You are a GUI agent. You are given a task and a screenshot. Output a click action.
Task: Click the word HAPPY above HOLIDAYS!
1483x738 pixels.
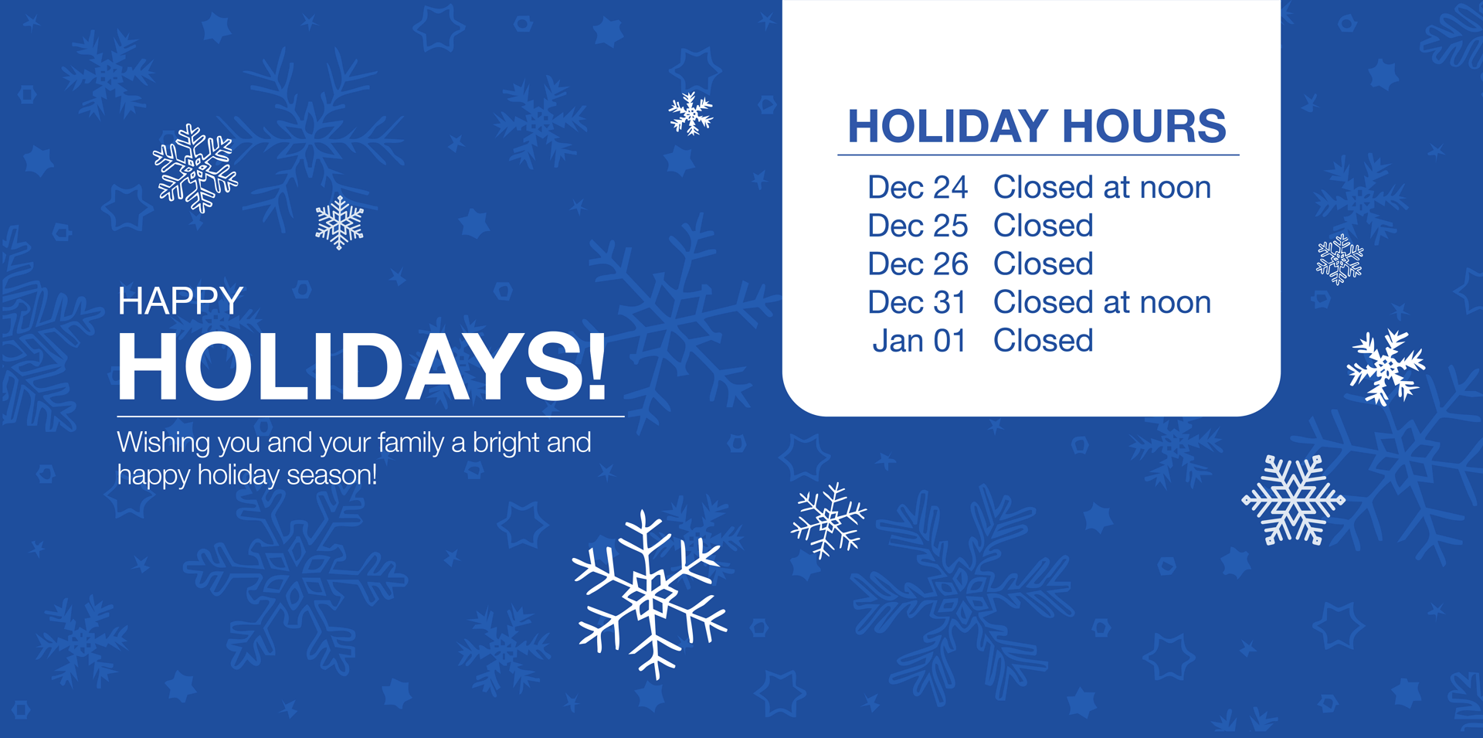180,301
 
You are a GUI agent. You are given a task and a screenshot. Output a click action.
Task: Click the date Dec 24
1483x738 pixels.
918,187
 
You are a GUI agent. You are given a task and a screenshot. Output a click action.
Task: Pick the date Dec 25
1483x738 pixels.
918,226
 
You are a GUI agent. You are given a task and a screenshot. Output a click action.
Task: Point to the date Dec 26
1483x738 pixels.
918,264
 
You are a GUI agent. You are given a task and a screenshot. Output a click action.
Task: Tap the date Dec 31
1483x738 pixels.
917,302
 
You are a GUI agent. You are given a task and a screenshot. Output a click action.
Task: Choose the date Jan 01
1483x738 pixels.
919,341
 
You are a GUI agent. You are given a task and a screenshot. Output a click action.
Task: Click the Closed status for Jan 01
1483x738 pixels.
1044,341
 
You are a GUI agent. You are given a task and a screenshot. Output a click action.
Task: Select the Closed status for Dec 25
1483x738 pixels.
1044,226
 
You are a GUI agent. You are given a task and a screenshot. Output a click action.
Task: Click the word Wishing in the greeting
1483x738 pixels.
164,444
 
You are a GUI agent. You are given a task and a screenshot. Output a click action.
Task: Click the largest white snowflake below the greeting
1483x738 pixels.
650,594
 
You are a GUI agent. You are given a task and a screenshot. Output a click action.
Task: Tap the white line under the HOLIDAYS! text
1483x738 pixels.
371,417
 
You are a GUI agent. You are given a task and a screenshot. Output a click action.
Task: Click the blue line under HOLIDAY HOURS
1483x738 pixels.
1038,155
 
